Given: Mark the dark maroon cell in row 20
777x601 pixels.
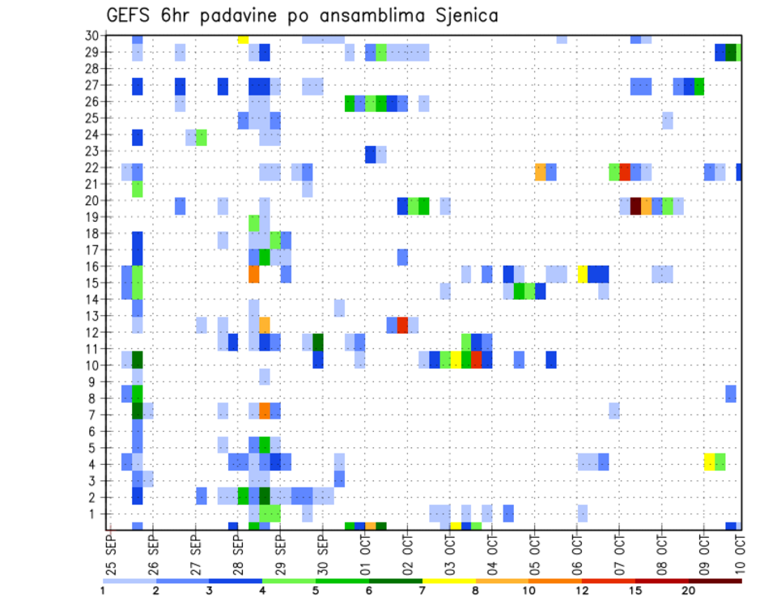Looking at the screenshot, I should click(635, 206).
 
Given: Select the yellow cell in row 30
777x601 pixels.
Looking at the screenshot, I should click(243, 39).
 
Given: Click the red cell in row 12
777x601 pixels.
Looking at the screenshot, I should click(402, 325).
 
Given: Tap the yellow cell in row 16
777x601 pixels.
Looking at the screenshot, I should click(582, 273).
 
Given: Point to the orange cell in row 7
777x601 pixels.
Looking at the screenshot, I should click(265, 411).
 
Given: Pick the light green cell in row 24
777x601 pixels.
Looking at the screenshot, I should click(202, 138).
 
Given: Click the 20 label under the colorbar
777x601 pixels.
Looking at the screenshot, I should click(689, 590).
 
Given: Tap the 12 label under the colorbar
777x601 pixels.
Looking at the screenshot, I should click(582, 590).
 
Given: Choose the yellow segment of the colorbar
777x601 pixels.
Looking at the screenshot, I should click(449, 581).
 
